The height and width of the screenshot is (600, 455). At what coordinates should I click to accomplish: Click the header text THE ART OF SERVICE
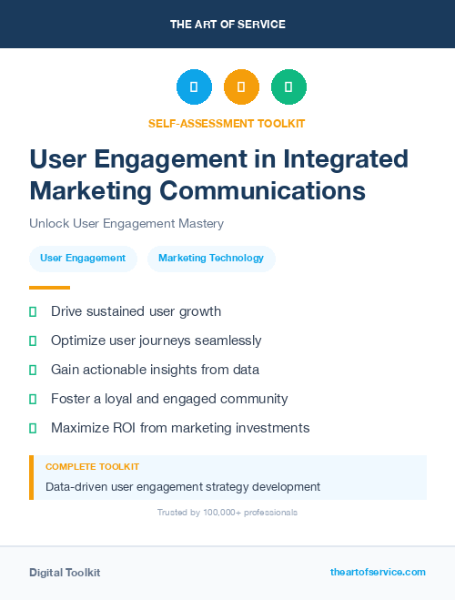click(x=227, y=24)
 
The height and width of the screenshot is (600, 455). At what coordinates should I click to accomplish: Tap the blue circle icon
click(x=194, y=87)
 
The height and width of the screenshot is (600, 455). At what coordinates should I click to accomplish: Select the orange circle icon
click(x=241, y=87)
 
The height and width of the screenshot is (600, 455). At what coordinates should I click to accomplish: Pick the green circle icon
click(x=288, y=87)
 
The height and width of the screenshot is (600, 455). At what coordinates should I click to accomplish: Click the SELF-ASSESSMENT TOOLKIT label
click(x=227, y=123)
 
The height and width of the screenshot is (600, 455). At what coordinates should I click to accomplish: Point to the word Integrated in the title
click(x=347, y=158)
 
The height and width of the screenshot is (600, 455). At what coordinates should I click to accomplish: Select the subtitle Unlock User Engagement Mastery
click(x=126, y=223)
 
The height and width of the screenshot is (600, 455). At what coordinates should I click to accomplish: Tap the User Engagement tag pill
click(x=83, y=259)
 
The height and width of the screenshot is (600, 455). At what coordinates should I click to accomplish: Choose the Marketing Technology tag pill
click(x=211, y=259)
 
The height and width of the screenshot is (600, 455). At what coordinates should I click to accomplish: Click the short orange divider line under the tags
click(x=49, y=288)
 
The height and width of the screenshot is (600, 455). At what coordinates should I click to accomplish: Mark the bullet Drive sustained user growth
click(x=136, y=311)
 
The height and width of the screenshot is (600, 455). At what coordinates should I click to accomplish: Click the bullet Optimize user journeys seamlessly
click(x=156, y=341)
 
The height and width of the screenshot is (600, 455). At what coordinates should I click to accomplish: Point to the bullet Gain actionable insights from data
click(x=155, y=370)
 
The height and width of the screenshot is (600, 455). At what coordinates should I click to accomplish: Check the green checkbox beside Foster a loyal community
click(x=33, y=399)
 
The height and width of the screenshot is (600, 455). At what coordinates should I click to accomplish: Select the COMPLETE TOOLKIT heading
click(x=92, y=466)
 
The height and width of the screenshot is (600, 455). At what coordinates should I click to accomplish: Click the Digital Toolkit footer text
click(x=65, y=573)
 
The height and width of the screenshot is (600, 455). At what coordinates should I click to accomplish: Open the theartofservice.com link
click(x=378, y=572)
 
